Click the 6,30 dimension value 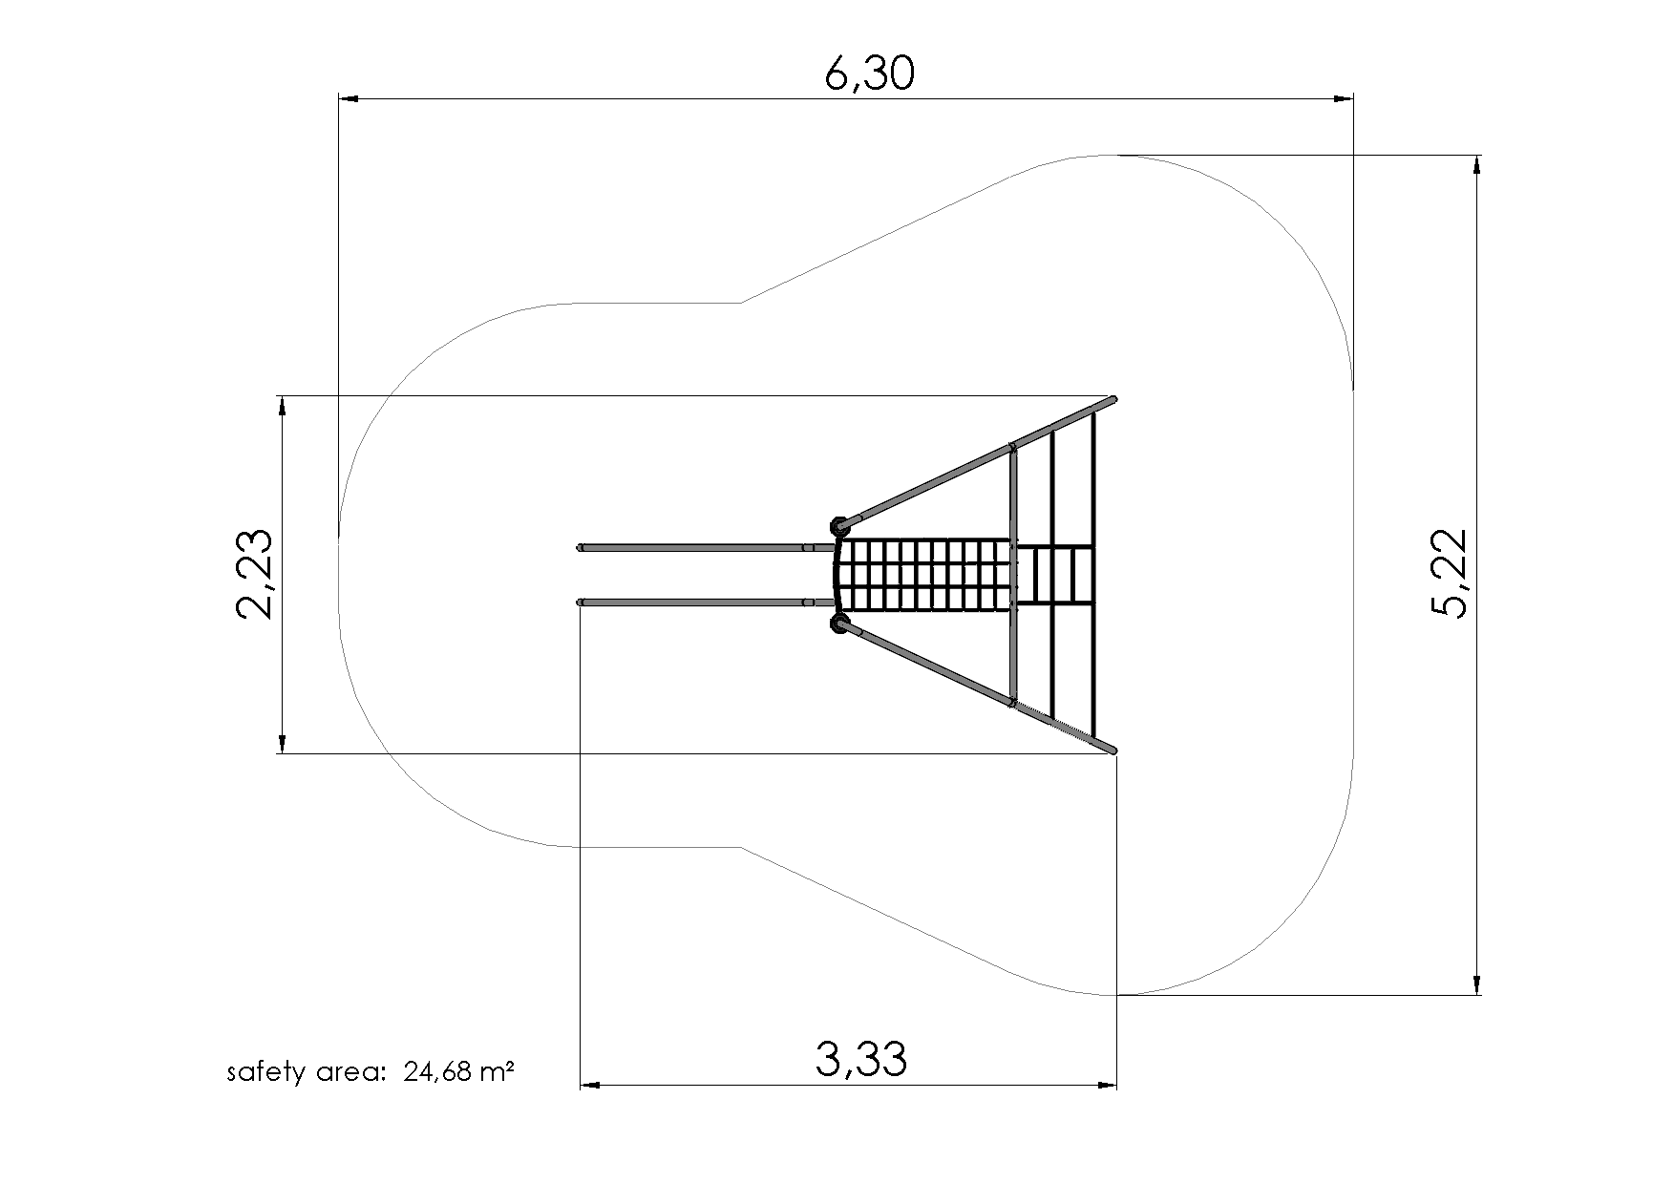click(x=869, y=74)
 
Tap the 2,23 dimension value click(x=255, y=574)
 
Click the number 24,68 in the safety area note click(x=437, y=1072)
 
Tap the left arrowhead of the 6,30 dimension click(x=350, y=98)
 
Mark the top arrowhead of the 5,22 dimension click(x=1477, y=165)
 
